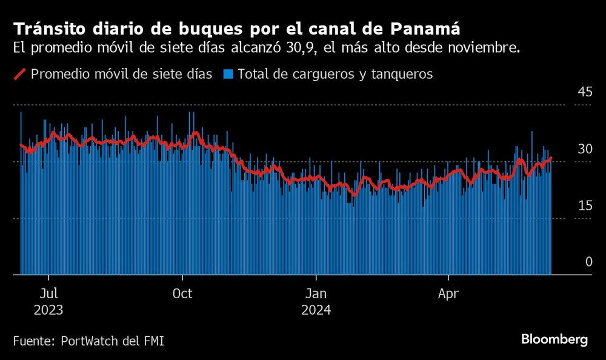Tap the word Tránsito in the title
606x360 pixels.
pyautogui.click(x=45, y=28)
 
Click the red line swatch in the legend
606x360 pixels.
pyautogui.click(x=19, y=74)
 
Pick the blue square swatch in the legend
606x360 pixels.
pyautogui.click(x=228, y=74)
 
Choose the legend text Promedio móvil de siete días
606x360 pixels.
pyautogui.click(x=121, y=74)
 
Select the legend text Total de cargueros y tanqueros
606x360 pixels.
pyautogui.click(x=335, y=74)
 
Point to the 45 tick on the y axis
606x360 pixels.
pyautogui.click(x=584, y=92)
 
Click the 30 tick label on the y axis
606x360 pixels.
pyautogui.click(x=584, y=149)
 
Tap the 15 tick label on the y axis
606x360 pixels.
pyautogui.click(x=584, y=205)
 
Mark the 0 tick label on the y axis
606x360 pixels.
pyautogui.click(x=588, y=262)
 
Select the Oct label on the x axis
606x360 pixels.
pyautogui.click(x=182, y=294)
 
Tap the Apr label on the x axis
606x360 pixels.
pyautogui.click(x=448, y=294)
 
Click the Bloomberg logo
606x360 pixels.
pyautogui.click(x=554, y=339)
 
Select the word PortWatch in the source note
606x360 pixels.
pyautogui.click(x=89, y=341)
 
